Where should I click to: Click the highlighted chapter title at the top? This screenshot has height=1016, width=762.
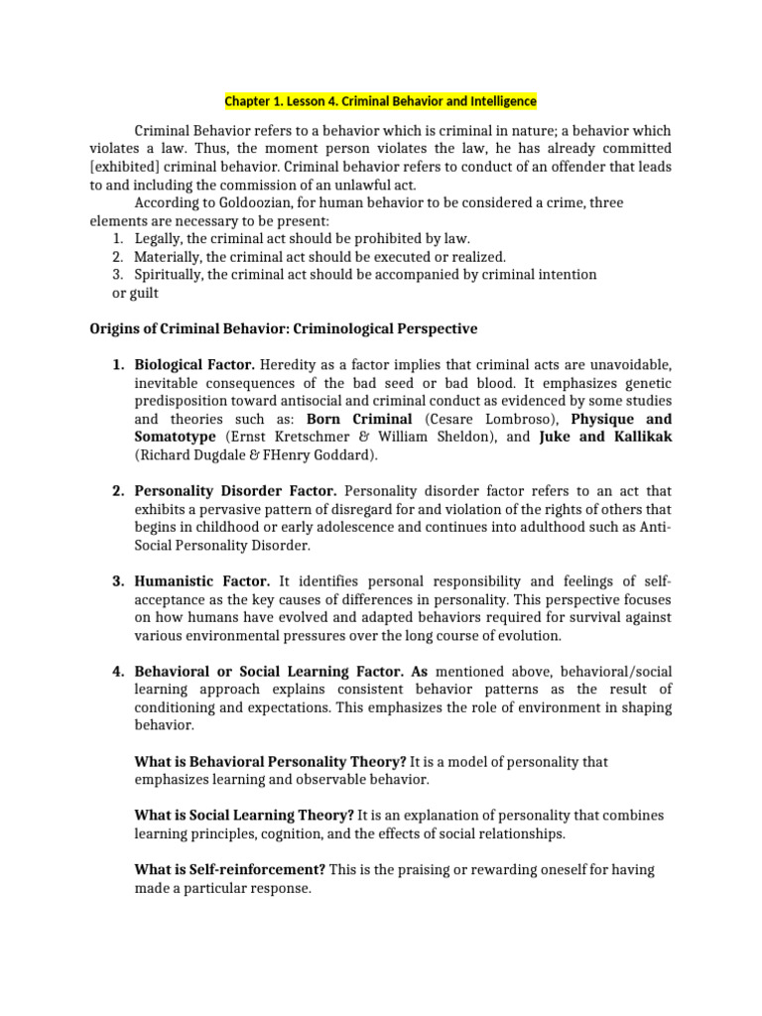(x=380, y=101)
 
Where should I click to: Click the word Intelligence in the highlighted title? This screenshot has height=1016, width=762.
(x=499, y=101)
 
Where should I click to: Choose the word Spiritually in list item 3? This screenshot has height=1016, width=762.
(x=171, y=275)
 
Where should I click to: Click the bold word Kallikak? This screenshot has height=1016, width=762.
(x=634, y=437)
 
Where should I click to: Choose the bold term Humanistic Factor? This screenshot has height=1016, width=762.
(x=202, y=581)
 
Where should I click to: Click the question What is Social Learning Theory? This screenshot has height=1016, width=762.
(x=243, y=816)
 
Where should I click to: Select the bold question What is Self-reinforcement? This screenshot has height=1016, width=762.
(x=230, y=870)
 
